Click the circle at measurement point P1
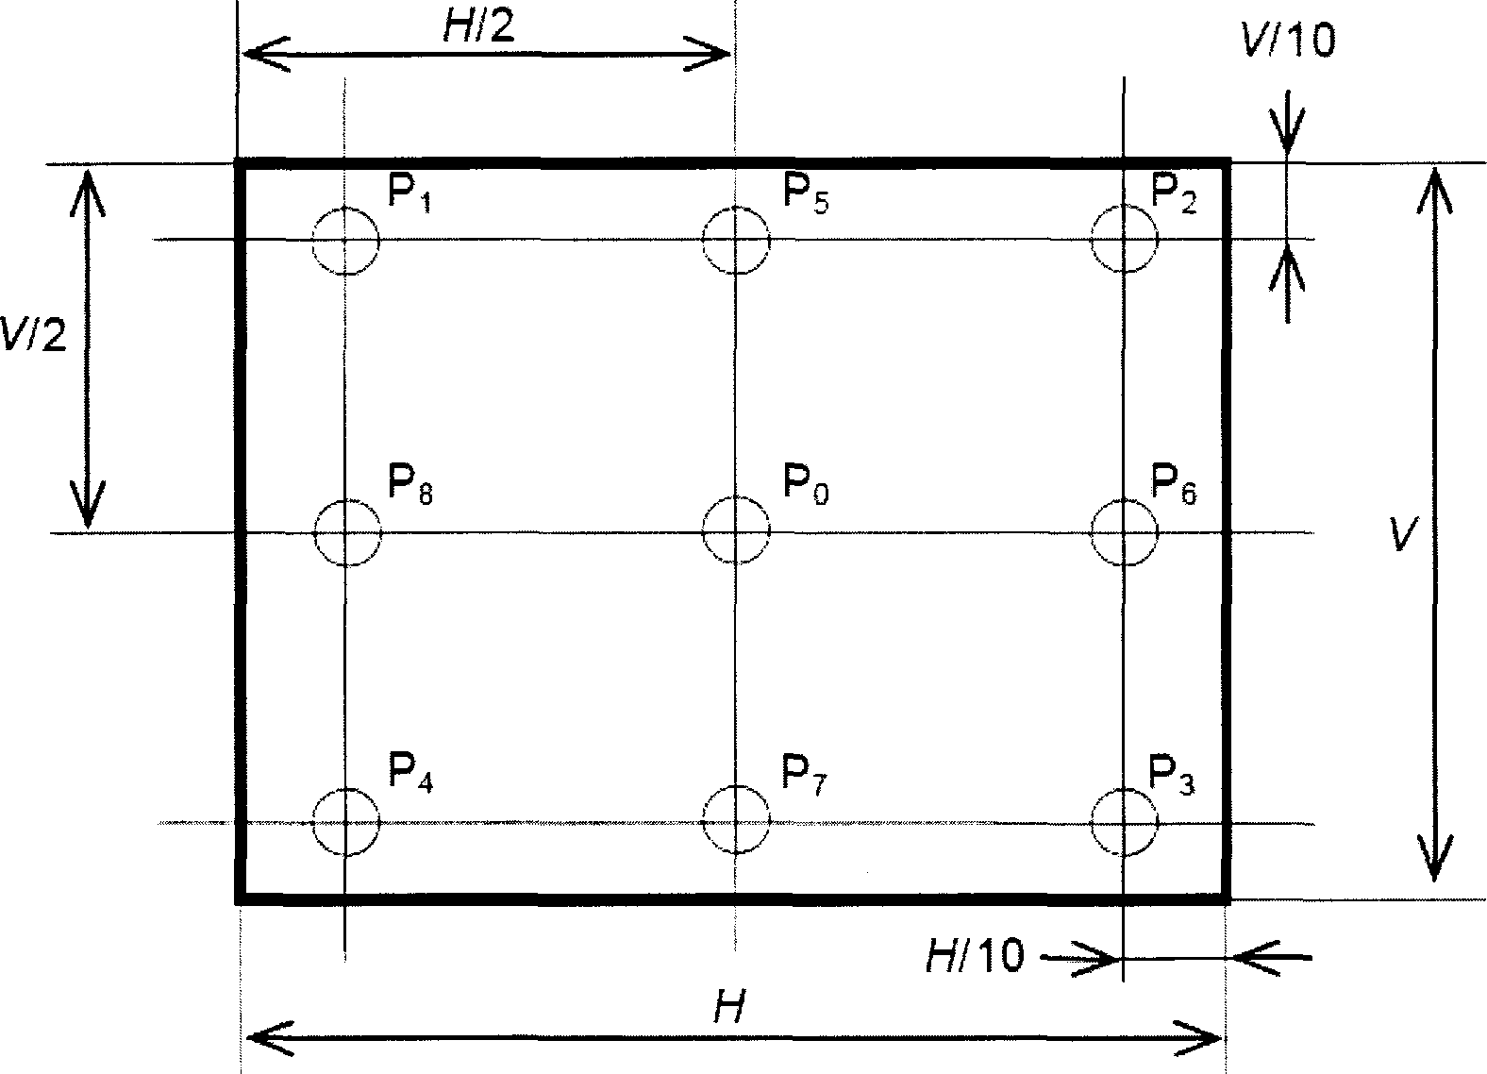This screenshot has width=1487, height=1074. click(x=346, y=241)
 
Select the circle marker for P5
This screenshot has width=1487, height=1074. click(x=736, y=241)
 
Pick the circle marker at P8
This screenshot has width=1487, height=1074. click(x=347, y=533)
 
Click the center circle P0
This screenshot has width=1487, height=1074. click(x=736, y=531)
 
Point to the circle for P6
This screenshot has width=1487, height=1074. click(x=1124, y=532)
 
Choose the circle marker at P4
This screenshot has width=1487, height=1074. click(x=346, y=822)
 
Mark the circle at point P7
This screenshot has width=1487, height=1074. click(x=736, y=821)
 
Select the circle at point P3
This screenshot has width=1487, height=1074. click(x=1124, y=822)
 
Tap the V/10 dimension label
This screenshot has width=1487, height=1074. click(x=1288, y=42)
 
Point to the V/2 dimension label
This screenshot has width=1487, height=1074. click(x=34, y=335)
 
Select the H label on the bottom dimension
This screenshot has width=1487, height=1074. click(x=727, y=1011)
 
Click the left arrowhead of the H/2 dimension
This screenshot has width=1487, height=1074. click(x=255, y=54)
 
